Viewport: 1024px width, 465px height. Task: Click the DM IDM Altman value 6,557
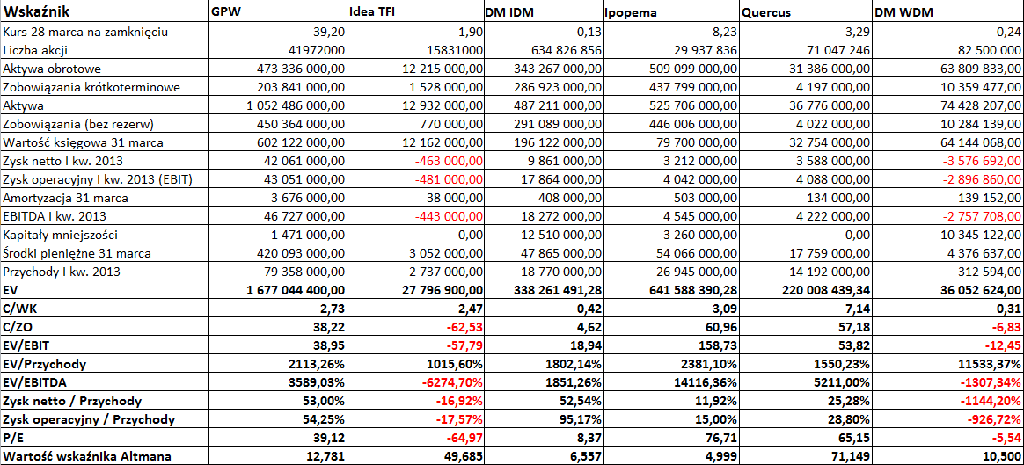(x=586, y=456)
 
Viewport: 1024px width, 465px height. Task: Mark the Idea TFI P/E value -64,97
(x=464, y=438)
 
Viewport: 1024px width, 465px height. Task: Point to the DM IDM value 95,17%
(x=585, y=419)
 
